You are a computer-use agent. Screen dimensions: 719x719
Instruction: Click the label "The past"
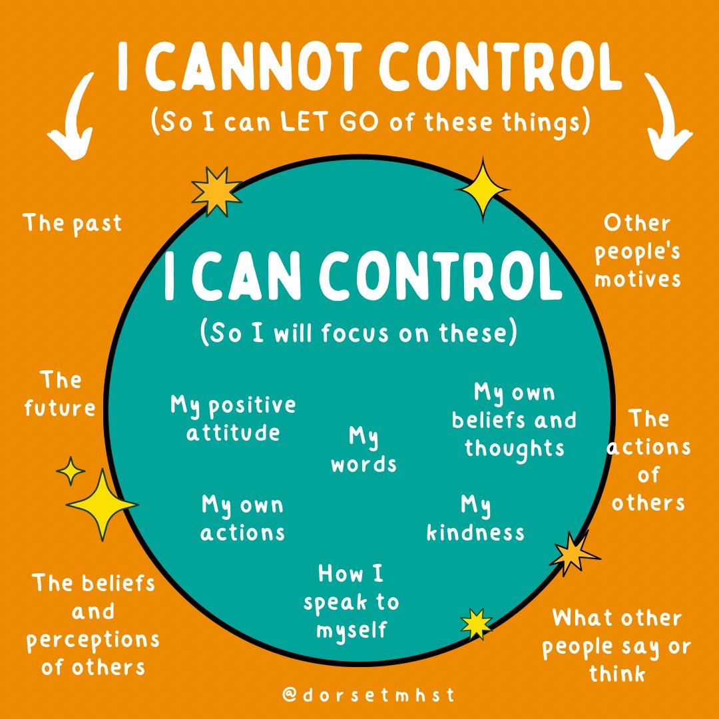73,223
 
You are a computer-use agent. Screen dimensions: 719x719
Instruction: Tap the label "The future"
60,394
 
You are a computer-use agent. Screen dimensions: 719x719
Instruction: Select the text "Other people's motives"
637,250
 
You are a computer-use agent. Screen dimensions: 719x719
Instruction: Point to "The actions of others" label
648,461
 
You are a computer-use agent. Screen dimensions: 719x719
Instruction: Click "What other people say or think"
616,646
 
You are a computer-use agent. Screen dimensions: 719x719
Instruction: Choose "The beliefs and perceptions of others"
93,624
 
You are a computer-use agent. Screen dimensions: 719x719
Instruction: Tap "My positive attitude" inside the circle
233,419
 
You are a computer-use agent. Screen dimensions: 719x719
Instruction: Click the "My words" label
363,451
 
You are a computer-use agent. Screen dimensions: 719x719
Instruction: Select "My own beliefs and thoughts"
514,420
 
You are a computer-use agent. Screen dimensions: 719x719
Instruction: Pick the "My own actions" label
242,519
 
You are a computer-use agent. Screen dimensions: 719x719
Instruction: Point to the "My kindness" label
475,519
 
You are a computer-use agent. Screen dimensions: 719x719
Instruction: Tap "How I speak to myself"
351,601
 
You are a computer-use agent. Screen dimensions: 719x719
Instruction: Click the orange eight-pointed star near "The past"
216,190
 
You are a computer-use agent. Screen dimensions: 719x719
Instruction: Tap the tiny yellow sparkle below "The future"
71,471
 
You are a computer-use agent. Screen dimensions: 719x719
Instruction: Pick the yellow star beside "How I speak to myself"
477,623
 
